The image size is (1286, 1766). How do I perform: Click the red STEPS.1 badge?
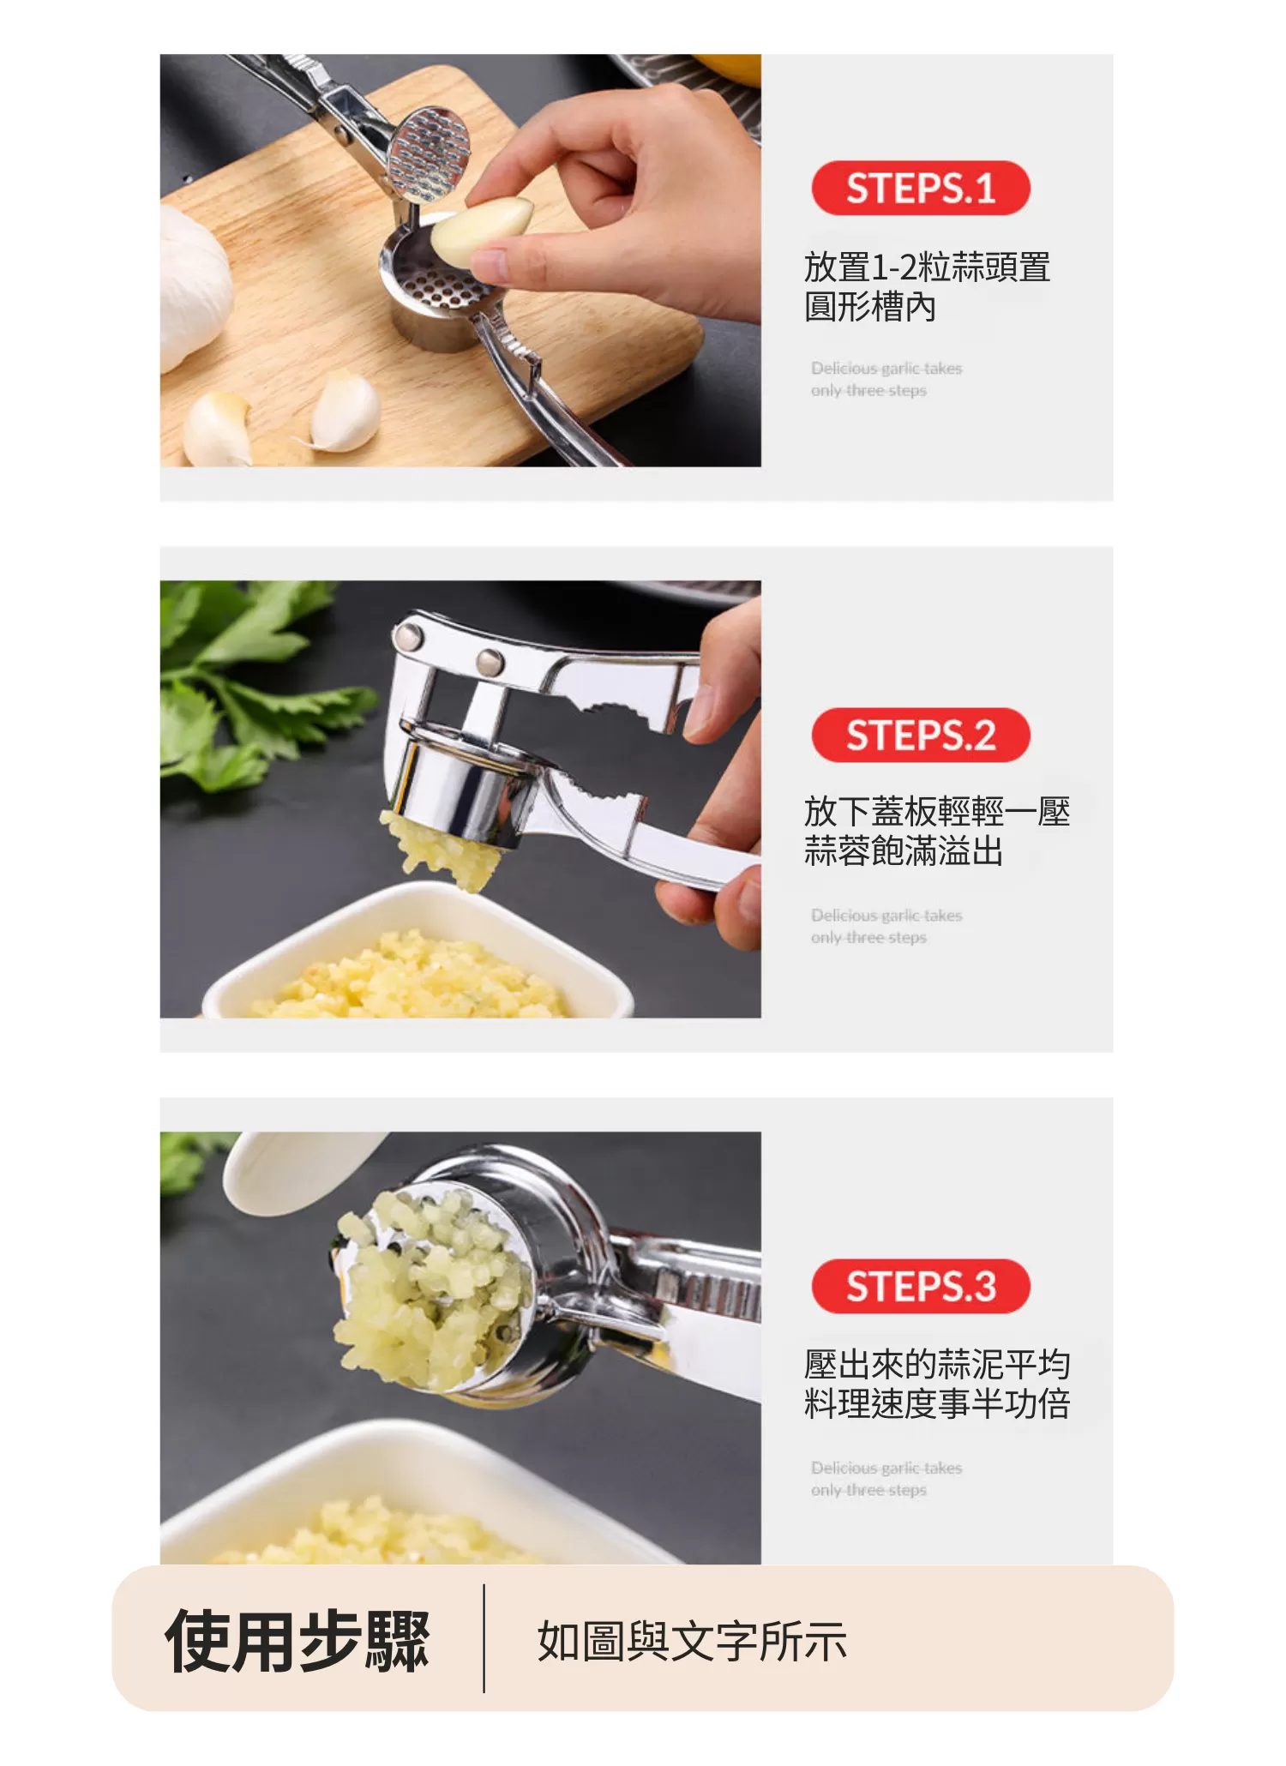[x=920, y=188]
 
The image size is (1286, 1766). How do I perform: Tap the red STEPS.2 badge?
[x=920, y=735]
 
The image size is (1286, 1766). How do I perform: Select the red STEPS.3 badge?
[x=920, y=1286]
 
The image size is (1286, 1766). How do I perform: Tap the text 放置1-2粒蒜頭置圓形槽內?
[x=926, y=286]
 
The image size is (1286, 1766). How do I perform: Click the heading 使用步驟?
[x=297, y=1641]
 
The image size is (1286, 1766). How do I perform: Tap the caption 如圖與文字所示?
[x=691, y=1642]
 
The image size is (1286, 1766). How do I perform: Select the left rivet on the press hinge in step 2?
[x=406, y=636]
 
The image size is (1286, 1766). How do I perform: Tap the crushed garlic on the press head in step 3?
[x=429, y=1277]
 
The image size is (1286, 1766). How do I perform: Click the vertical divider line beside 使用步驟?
[x=484, y=1638]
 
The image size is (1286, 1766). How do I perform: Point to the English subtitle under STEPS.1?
[x=886, y=379]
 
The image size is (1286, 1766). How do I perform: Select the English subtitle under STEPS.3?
[x=886, y=1479]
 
